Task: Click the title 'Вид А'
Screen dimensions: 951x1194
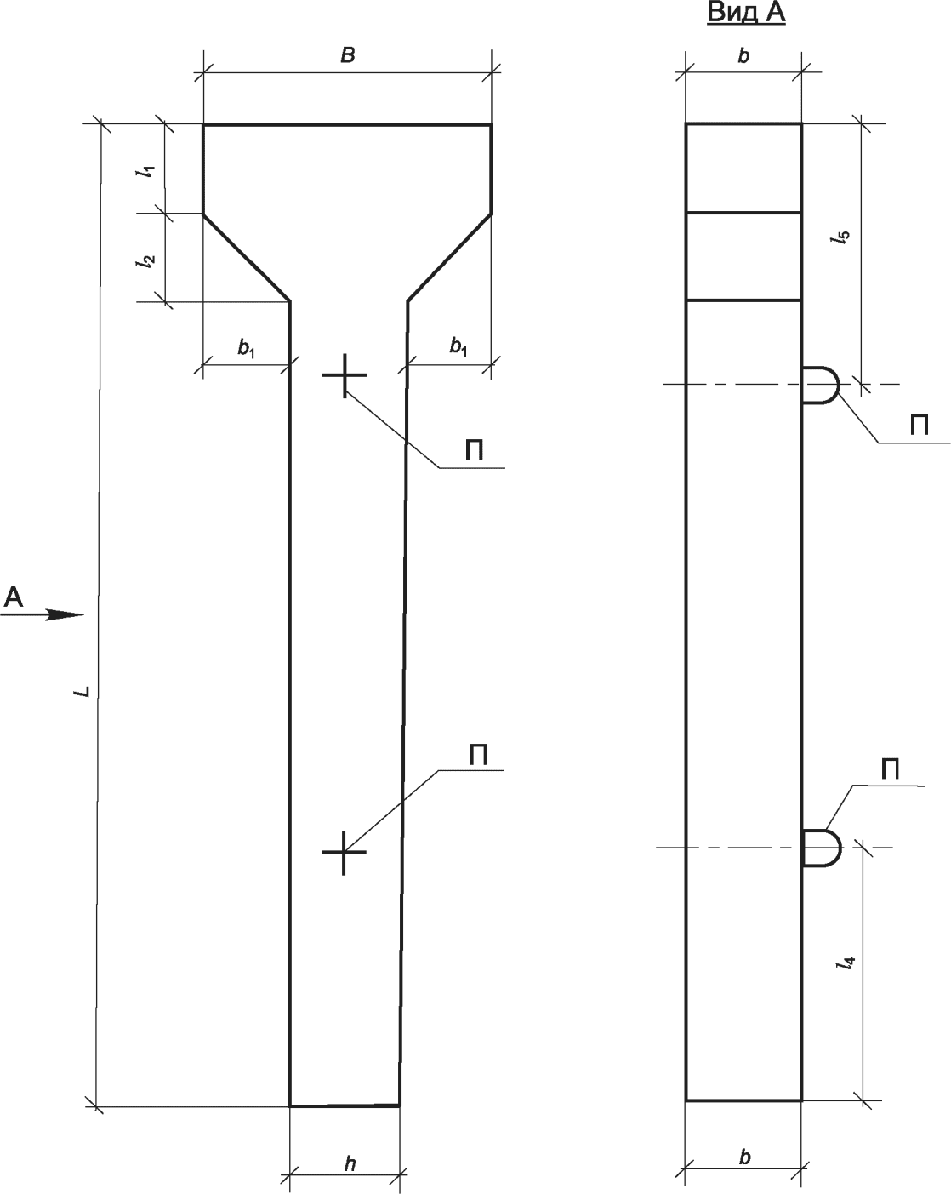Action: click(745, 14)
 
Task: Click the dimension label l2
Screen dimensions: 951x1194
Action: click(148, 260)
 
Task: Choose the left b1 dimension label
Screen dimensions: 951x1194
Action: click(246, 347)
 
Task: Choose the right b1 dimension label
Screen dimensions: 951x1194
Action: click(458, 346)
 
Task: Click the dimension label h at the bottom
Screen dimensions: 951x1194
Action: click(350, 1165)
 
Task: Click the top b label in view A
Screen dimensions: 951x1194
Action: click(744, 56)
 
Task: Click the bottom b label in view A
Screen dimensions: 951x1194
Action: click(745, 1157)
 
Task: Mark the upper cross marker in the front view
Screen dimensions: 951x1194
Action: click(345, 375)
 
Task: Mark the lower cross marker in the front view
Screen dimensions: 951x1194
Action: click(344, 851)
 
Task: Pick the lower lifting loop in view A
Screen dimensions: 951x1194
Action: click(822, 848)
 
